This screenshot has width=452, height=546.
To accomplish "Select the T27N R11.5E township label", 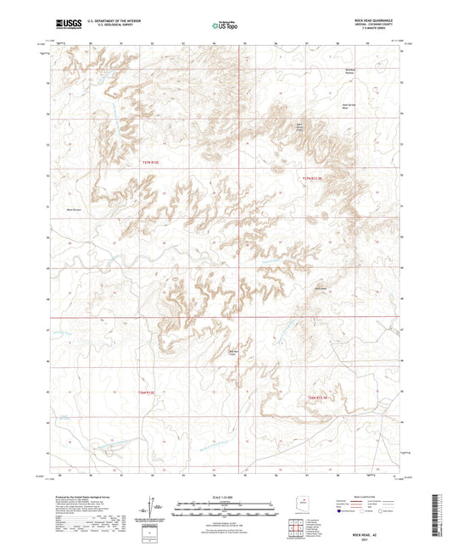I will coord(313,178).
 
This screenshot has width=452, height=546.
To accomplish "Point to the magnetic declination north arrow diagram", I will coord(153,509).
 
